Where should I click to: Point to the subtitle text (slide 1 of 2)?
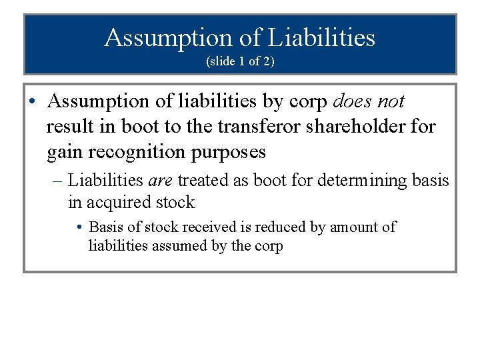(240, 61)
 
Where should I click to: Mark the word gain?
(64, 153)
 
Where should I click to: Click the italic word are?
(160, 180)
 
